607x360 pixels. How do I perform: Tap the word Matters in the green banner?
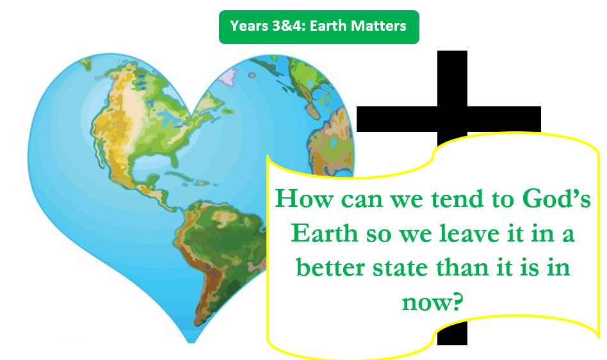(378, 26)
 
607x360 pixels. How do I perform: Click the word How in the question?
(304, 199)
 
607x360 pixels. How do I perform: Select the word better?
(330, 268)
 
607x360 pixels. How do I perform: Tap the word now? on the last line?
(432, 302)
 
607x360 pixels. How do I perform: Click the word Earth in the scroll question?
(325, 233)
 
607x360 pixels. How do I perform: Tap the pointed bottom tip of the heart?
(191, 342)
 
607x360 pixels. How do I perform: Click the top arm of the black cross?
(452, 78)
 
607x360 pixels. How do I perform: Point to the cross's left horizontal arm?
(397, 119)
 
